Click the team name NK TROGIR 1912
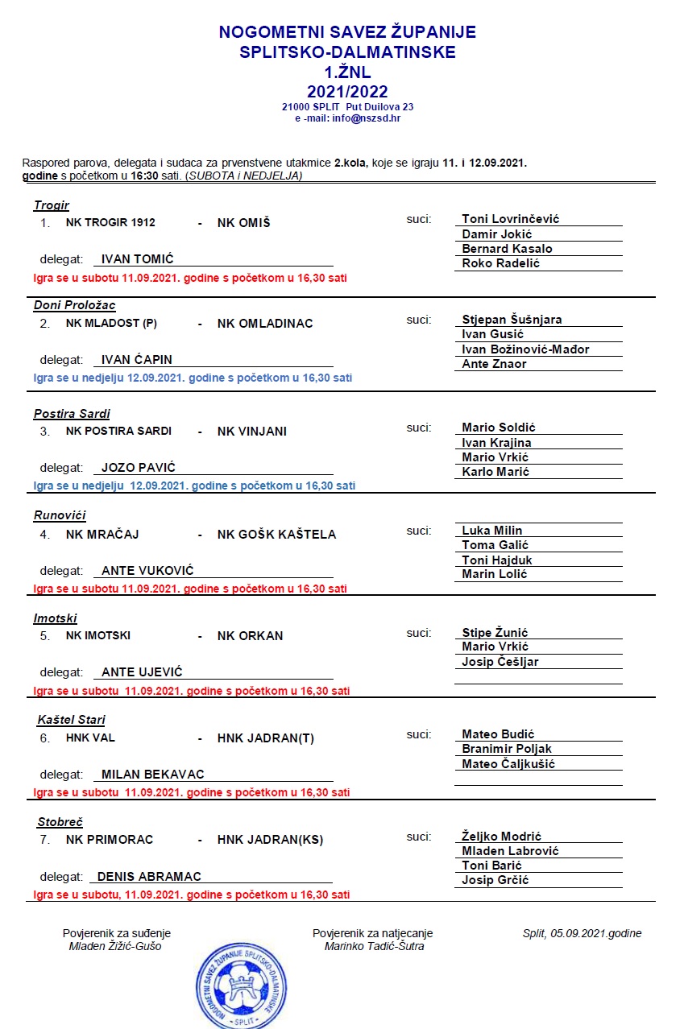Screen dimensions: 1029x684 tap(110, 223)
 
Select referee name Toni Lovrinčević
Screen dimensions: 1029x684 tap(510, 219)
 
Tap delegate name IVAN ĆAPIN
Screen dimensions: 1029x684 tap(137, 360)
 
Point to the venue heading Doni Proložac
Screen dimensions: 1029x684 tap(75, 305)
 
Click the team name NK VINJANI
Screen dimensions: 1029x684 tap(252, 431)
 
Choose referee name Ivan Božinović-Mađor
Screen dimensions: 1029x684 tap(525, 349)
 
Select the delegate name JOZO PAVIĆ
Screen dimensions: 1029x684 tap(138, 468)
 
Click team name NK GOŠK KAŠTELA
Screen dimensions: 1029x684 tap(276, 534)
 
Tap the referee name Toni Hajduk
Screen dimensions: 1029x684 tap(496, 560)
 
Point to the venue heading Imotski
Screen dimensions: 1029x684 tap(56, 618)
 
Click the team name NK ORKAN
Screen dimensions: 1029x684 tap(250, 635)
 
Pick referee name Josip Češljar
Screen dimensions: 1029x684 tap(500, 662)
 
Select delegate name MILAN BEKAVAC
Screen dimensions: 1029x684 tap(152, 775)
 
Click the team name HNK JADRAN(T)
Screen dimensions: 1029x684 tap(265, 738)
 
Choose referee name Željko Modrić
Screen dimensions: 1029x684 tap(501, 837)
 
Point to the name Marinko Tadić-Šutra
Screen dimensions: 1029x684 tap(374, 946)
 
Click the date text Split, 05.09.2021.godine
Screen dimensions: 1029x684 tap(582, 933)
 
